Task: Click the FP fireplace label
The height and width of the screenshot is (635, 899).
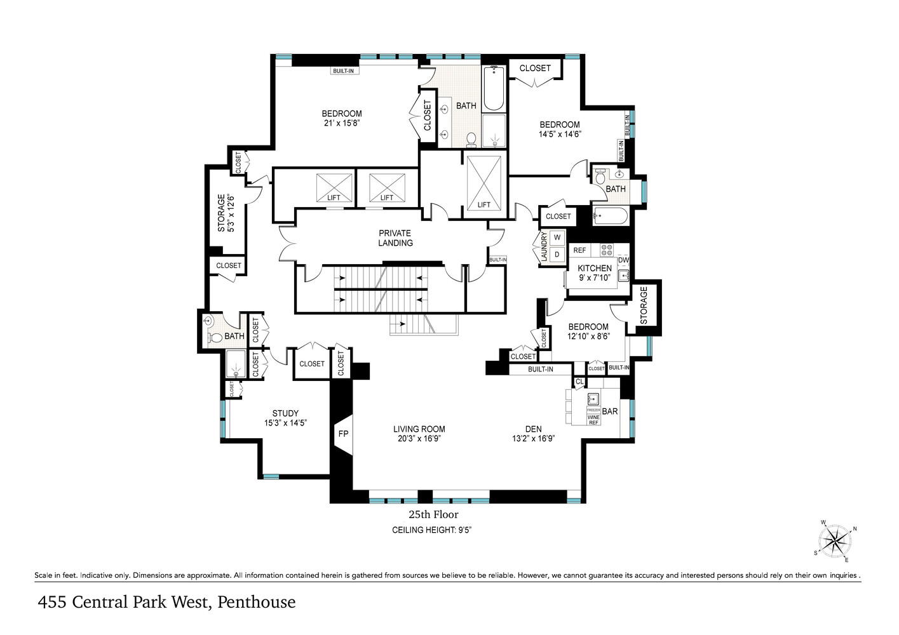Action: tap(343, 434)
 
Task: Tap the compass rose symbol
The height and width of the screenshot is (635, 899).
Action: tap(835, 542)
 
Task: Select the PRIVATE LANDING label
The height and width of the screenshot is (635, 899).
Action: tap(395, 238)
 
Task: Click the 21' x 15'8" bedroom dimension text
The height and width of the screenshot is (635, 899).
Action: tap(342, 123)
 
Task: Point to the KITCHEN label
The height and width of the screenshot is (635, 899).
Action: tap(595, 268)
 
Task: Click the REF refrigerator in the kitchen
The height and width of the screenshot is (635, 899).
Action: tap(579, 250)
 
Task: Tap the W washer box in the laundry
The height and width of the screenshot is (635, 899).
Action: tap(557, 237)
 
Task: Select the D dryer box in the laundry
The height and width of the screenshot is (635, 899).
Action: tap(557, 255)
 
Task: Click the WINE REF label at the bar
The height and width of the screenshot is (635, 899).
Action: tap(593, 419)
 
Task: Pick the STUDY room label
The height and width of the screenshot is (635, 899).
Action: tap(285, 413)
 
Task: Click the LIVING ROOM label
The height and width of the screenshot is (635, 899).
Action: tap(419, 429)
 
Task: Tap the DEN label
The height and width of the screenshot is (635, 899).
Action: tap(533, 429)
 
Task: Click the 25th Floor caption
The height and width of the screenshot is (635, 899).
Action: tap(433, 514)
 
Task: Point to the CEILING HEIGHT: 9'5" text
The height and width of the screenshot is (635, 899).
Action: tap(431, 530)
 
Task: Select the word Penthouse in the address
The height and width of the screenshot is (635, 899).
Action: tap(256, 602)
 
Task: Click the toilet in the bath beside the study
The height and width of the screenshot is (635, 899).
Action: tap(213, 337)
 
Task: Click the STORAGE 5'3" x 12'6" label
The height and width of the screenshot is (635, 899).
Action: tap(226, 213)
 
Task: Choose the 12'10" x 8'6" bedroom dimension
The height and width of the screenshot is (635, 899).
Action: tap(588, 337)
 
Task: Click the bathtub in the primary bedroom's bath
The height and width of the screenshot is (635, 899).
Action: tap(494, 89)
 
